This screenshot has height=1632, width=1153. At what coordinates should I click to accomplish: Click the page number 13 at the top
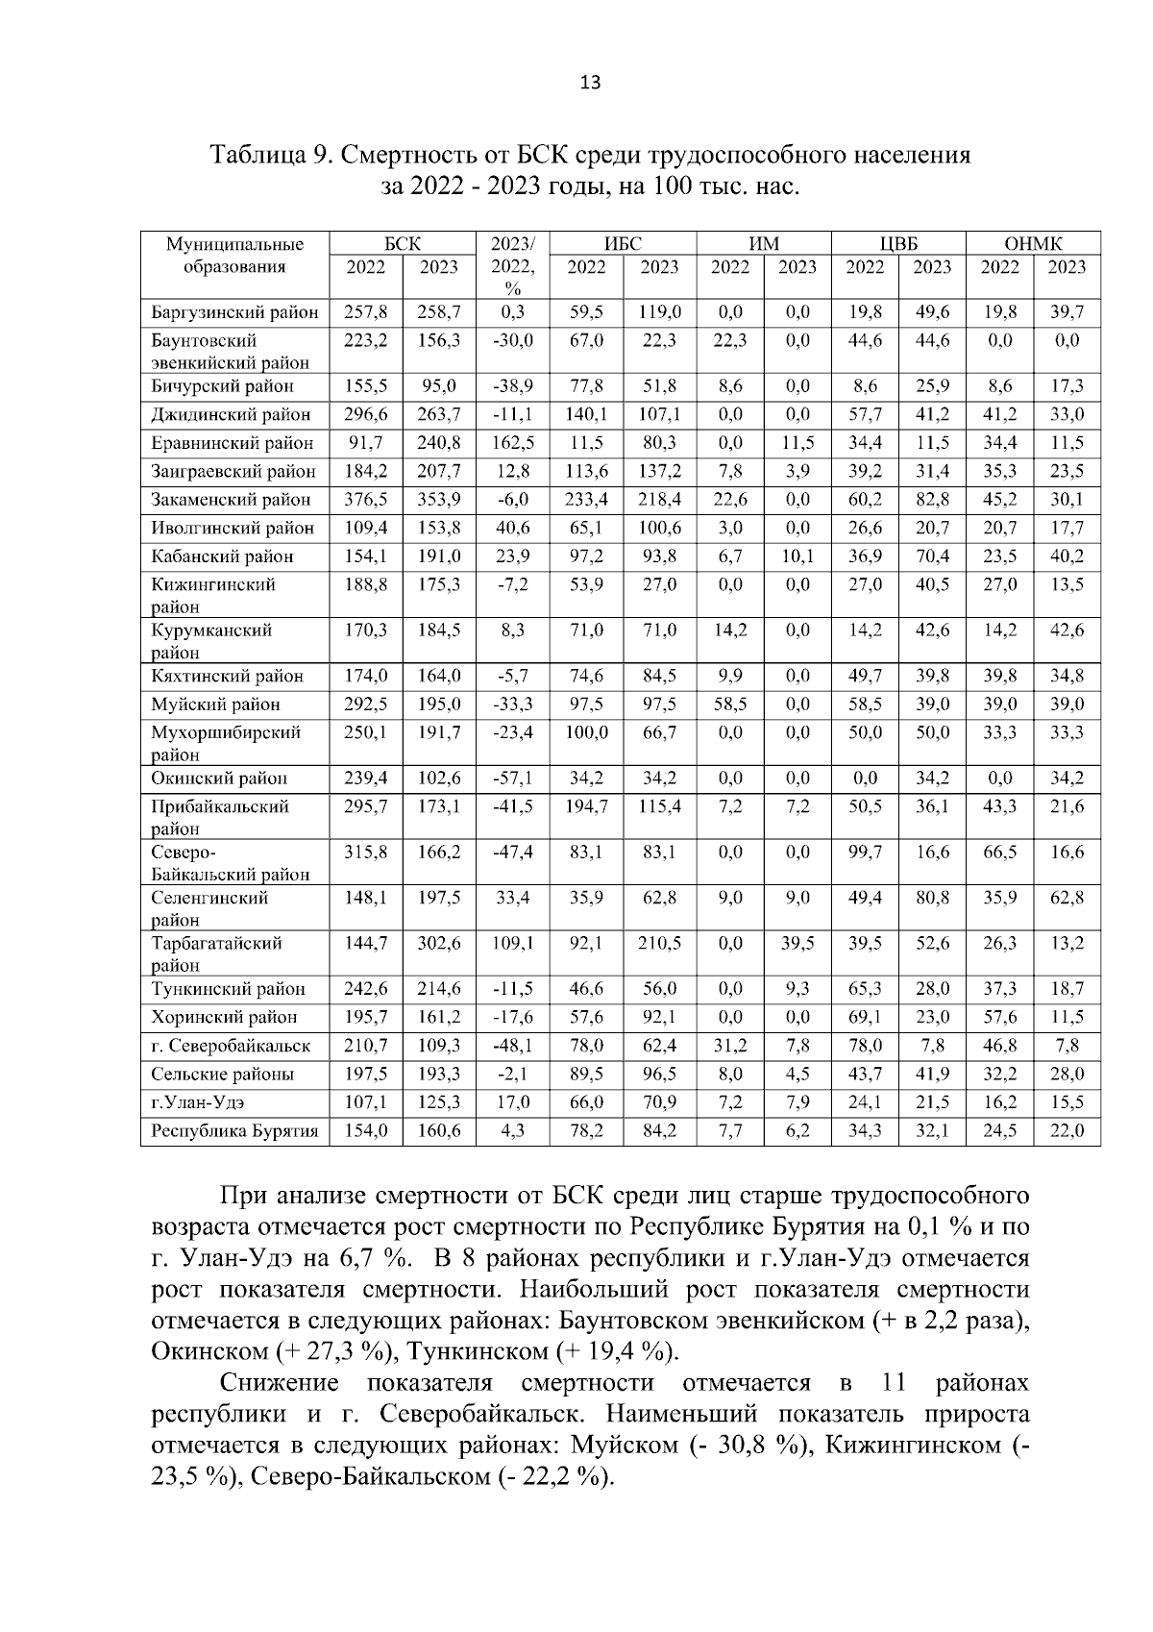point(590,83)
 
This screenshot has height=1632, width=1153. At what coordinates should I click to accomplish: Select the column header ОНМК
point(1033,244)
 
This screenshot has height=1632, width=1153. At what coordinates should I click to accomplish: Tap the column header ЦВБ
point(898,244)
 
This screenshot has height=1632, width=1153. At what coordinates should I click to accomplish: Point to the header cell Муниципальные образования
point(234,256)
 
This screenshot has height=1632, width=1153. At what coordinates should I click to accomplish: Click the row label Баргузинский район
point(234,312)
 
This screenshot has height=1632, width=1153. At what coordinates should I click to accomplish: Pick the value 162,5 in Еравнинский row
point(513,443)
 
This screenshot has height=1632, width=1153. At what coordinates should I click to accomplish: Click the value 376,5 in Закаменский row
point(365,500)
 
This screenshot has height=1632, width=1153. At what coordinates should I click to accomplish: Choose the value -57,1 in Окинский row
point(513,779)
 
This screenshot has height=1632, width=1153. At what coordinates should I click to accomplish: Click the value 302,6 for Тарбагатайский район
point(439,944)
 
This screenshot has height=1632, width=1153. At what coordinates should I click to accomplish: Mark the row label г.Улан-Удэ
point(191,1102)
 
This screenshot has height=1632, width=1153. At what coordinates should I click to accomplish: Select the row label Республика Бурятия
point(234,1131)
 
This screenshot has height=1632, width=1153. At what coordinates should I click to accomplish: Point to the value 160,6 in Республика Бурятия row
point(439,1131)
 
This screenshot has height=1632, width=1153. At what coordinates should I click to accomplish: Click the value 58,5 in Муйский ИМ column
point(730,705)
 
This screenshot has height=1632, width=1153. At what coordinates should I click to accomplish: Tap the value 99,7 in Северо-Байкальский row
point(865,853)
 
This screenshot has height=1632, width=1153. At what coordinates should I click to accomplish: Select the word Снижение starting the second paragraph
point(280,1383)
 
